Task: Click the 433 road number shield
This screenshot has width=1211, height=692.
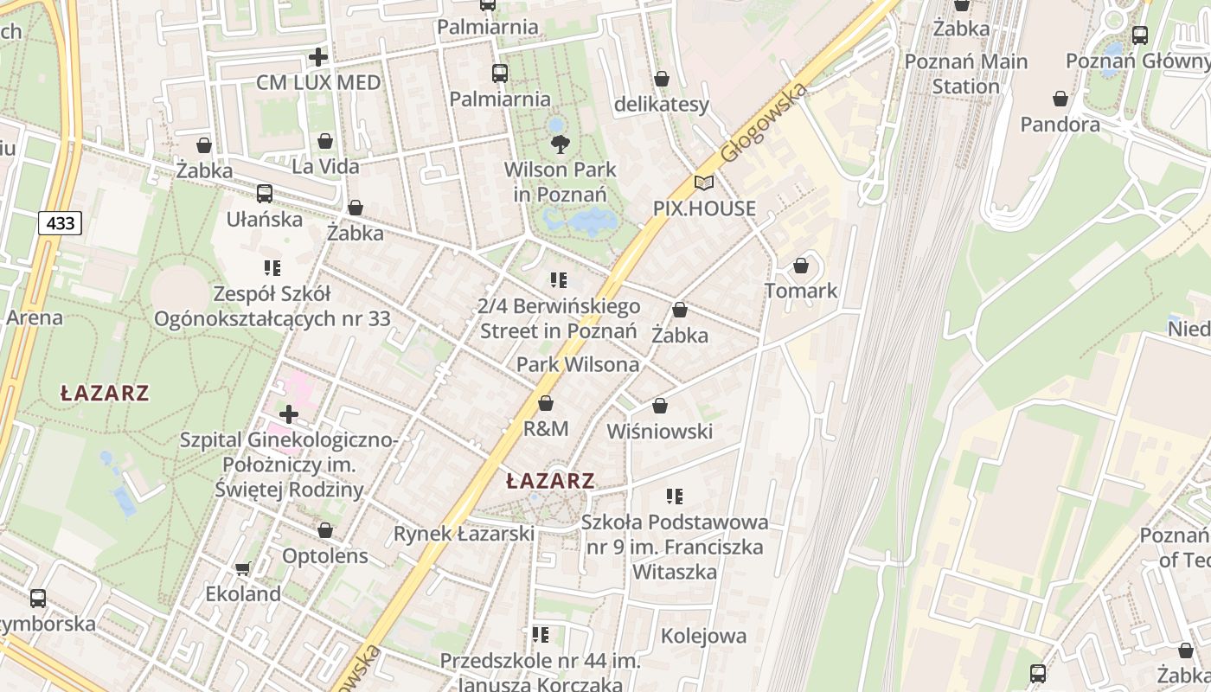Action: click(x=60, y=223)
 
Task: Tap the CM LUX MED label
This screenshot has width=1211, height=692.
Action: click(x=318, y=82)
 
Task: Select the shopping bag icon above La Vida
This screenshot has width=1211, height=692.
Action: click(x=325, y=141)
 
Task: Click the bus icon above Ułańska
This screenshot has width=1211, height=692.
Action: click(x=264, y=194)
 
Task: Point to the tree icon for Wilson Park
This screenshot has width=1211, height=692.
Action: click(x=560, y=144)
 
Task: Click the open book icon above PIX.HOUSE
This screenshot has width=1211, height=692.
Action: click(x=704, y=183)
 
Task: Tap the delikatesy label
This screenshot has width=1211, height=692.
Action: click(x=661, y=105)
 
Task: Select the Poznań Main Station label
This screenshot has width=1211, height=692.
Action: click(x=965, y=74)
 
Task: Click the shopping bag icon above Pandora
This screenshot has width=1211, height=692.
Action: click(x=1060, y=99)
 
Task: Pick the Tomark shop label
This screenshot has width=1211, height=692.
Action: click(x=801, y=291)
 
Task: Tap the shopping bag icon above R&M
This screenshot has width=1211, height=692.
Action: click(x=546, y=404)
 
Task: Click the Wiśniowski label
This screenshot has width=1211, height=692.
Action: click(x=659, y=431)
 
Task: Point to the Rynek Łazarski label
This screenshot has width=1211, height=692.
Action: click(x=464, y=534)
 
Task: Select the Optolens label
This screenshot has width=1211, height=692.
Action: click(x=325, y=555)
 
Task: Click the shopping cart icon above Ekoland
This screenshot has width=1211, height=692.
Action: click(x=243, y=568)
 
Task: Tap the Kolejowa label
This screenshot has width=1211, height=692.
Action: click(x=703, y=636)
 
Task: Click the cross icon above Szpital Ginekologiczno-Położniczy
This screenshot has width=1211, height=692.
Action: click(x=289, y=415)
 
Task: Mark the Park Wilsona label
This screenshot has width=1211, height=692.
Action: click(x=578, y=364)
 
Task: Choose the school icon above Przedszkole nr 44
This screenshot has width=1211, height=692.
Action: click(x=541, y=636)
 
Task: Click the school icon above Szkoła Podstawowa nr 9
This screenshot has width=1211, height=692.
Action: click(x=675, y=497)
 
